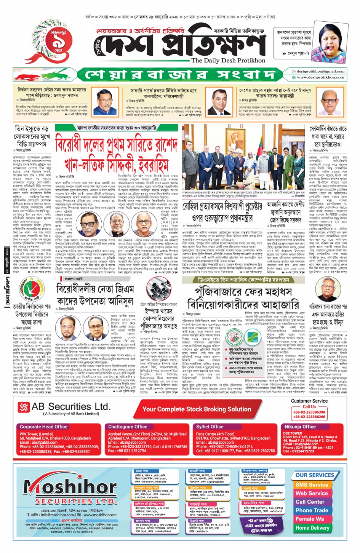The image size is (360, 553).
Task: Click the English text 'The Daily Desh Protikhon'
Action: tap(228, 60)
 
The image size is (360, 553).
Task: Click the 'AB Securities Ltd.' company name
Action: tap(71, 407)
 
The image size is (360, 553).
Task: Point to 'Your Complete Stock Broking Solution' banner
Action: tap(197, 409)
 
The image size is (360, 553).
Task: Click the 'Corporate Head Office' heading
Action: tap(43, 427)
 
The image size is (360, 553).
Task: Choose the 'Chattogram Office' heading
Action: tap(128, 427)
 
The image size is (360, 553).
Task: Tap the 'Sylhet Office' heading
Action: tap(210, 427)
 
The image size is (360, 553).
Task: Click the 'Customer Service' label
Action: tap(309, 401)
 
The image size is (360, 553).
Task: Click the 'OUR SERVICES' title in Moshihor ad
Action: tap(315, 475)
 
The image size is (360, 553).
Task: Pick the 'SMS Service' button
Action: tap(312, 485)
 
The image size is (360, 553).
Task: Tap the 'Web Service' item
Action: tap(312, 493)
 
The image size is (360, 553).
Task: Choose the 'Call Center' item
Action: tap(310, 502)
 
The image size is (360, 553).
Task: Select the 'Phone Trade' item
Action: tap(312, 510)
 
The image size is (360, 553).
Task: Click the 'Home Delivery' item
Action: tap(312, 528)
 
